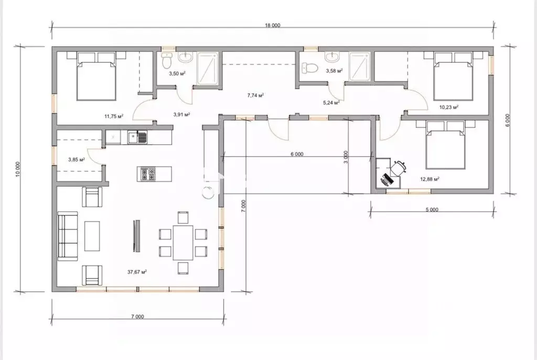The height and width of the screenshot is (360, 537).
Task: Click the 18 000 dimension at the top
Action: click(273, 25)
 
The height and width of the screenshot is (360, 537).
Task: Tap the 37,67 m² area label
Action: click(137, 272)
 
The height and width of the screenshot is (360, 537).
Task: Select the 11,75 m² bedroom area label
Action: click(114, 116)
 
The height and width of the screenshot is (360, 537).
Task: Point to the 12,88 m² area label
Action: click(430, 179)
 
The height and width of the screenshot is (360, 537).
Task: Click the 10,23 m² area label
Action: click(449, 107)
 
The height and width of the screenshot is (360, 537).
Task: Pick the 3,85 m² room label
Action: click(77, 159)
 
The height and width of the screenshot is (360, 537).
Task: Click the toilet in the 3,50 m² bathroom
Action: click(166, 61)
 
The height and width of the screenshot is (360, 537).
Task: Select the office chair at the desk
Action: click(398, 168)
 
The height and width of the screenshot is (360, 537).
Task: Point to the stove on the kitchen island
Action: click(148, 174)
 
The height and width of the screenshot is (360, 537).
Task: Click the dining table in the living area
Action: click(183, 242)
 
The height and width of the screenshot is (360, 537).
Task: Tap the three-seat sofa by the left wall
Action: click(68, 236)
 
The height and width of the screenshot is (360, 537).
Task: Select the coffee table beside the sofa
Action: click(92, 236)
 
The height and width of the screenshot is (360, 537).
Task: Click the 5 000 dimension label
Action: click(432, 210)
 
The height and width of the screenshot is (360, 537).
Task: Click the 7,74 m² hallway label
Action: click(255, 95)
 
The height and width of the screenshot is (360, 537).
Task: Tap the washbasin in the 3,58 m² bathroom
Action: click(331, 57)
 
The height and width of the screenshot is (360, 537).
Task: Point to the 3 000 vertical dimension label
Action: click(346, 157)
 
